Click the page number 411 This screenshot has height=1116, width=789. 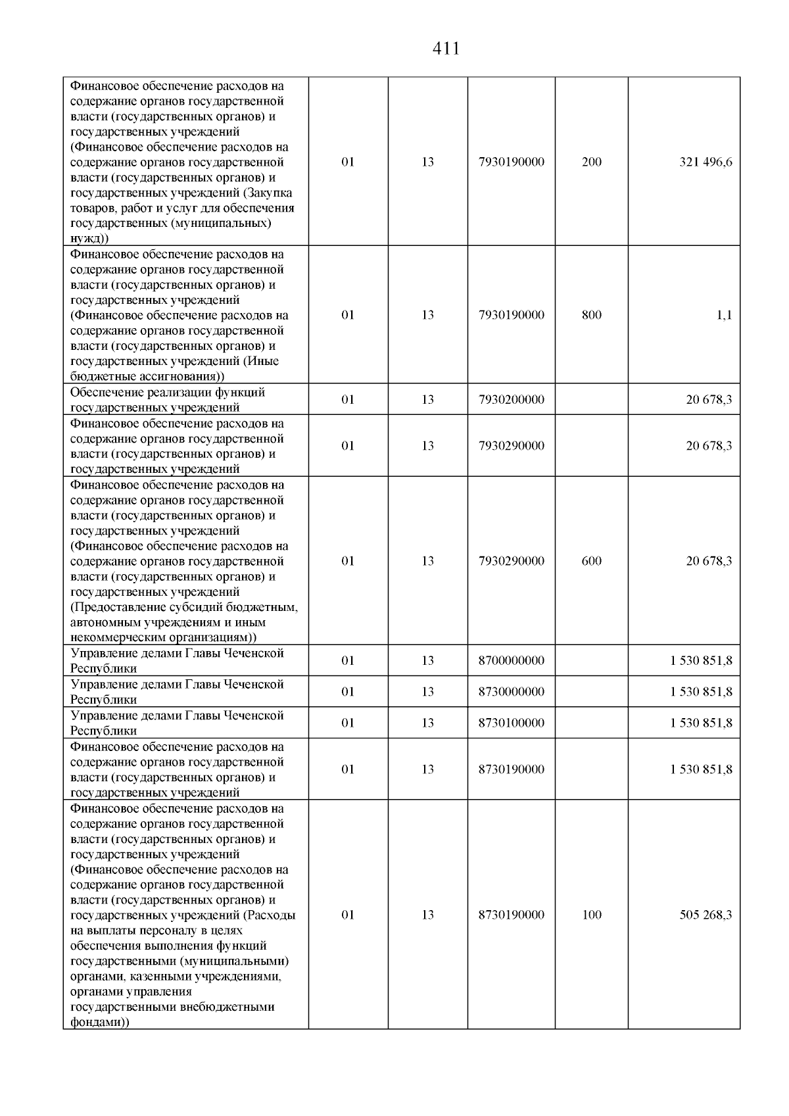pyautogui.click(x=446, y=49)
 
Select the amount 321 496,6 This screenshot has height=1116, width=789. pyautogui.click(x=705, y=162)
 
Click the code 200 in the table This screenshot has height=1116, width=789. pyautogui.click(x=591, y=162)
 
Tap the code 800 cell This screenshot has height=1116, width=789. pyautogui.click(x=591, y=315)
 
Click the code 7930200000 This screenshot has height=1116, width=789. pyautogui.click(x=511, y=399)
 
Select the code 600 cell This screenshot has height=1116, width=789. pyautogui.click(x=591, y=561)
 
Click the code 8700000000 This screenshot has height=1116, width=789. pyautogui.click(x=511, y=660)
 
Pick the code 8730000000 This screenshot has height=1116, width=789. pyautogui.click(x=511, y=692)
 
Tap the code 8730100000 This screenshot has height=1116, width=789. pyautogui.click(x=511, y=723)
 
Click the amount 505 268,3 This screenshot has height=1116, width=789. pyautogui.click(x=705, y=915)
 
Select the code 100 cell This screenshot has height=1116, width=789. pyautogui.click(x=591, y=915)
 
